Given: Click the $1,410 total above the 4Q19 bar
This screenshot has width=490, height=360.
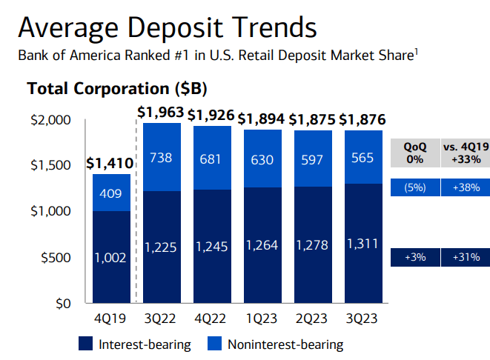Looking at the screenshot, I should point(111,162).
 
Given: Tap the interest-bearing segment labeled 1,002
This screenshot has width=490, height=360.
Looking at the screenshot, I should point(111,258).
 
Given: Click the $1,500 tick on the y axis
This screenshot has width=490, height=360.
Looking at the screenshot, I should point(52,164).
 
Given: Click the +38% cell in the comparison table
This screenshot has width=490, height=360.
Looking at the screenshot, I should point(466,187).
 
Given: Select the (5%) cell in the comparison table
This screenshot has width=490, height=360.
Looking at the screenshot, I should point(414,187).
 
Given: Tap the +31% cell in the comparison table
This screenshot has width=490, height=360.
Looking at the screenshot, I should point(466,257).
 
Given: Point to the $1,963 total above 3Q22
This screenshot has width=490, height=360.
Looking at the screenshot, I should point(162,114).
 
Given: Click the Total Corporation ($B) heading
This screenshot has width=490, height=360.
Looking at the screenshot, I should point(117,88).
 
